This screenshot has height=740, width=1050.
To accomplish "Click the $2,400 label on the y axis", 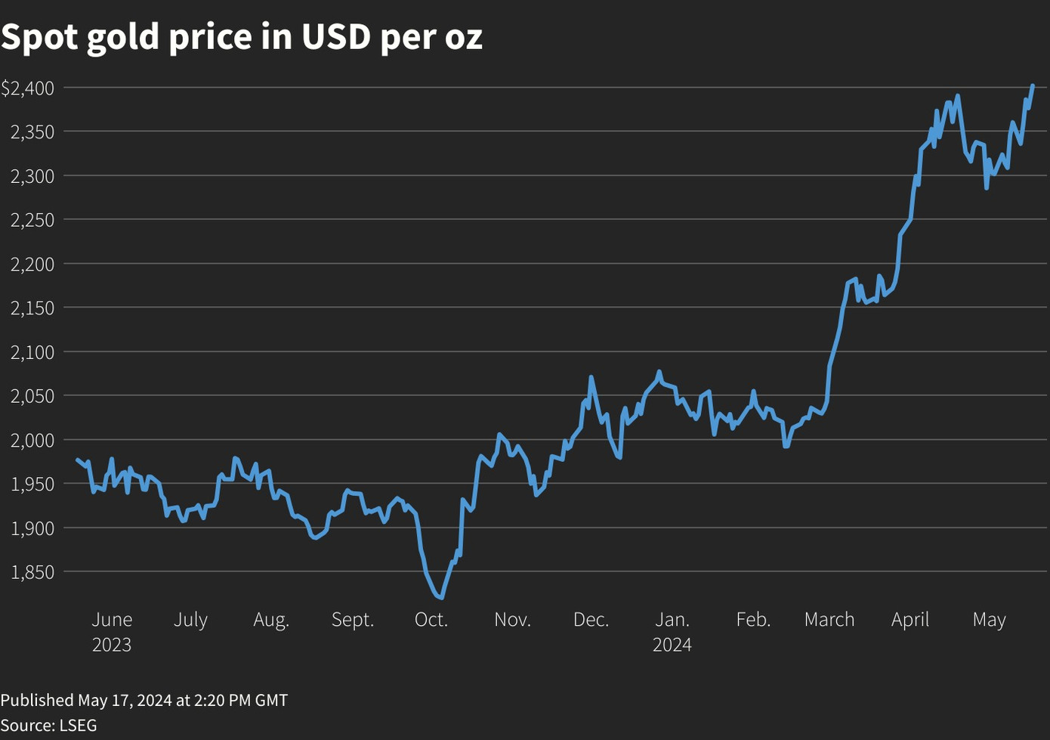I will point(28,88).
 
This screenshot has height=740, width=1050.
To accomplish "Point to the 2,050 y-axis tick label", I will point(32,396).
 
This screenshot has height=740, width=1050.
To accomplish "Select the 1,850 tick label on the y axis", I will point(32,572).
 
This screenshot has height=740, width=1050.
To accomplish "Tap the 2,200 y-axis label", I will point(32,265).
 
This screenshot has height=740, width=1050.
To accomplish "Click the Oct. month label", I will point(431,620).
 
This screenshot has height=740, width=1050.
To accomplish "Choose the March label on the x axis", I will point(829,620).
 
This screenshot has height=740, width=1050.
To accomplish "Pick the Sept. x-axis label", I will point(352,620).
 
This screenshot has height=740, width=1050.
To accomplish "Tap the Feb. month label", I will point(753,620).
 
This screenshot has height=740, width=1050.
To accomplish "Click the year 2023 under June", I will point(112,645).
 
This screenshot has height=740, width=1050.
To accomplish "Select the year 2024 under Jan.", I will point(672,645).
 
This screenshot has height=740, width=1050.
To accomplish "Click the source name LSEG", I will point(78,726).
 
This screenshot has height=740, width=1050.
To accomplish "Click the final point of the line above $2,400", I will point(1033,85).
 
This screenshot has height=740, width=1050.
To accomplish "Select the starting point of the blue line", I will point(77,459).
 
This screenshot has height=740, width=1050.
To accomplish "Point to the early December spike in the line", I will point(591,376).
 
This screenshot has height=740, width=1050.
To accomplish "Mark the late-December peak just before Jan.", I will point(659,371).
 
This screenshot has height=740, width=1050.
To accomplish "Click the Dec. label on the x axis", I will point(591,620).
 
